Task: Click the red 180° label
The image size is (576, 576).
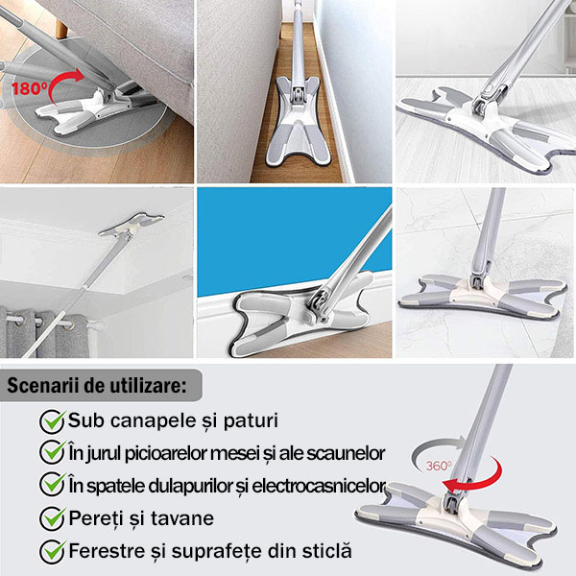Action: [x=30, y=88]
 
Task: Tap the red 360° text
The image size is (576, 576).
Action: [x=439, y=466]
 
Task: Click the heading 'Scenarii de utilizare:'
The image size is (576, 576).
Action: [x=97, y=385]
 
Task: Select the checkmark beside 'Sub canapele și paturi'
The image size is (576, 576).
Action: [x=53, y=421]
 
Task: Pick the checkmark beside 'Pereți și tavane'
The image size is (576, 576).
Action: [x=53, y=518]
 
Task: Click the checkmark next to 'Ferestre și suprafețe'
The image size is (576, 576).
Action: [x=53, y=551]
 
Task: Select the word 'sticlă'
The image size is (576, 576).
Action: [x=327, y=551]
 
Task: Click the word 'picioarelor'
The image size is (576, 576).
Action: [x=166, y=453]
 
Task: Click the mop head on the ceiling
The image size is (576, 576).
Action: [x=132, y=224]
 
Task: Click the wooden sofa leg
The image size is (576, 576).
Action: [x=61, y=28]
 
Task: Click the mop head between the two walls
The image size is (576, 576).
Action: [x=298, y=121]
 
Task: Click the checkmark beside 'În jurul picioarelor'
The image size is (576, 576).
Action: [x=53, y=454]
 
